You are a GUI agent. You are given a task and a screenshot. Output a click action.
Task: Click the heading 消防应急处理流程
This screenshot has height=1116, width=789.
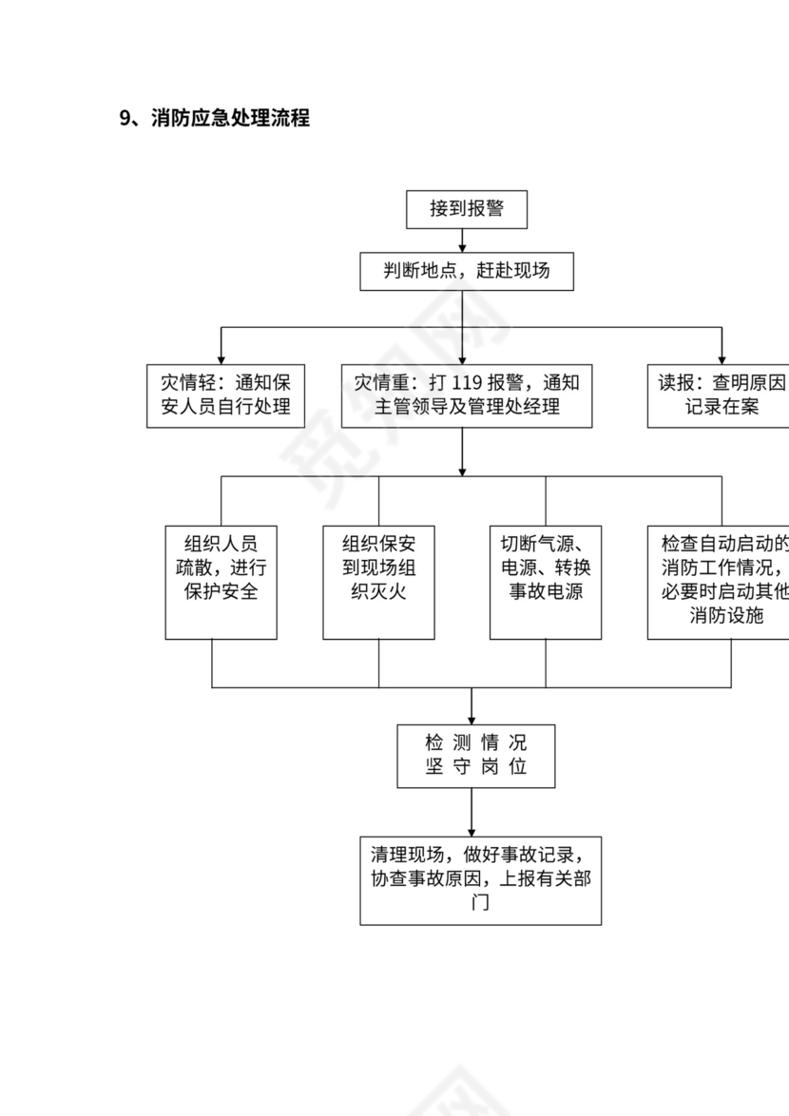(x=230, y=119)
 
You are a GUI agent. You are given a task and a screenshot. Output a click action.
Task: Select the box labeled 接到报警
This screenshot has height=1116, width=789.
(x=466, y=209)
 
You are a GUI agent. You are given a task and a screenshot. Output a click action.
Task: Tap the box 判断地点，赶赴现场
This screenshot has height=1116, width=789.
(x=466, y=271)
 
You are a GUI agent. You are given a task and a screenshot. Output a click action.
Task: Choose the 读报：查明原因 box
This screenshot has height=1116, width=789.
(x=721, y=395)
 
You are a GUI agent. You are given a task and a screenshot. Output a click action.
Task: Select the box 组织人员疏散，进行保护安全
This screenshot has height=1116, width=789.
(x=221, y=582)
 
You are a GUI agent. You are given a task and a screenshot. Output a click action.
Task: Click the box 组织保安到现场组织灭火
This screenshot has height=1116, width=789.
(x=378, y=582)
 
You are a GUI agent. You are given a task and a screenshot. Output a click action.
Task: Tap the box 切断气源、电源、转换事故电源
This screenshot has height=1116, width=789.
(x=546, y=582)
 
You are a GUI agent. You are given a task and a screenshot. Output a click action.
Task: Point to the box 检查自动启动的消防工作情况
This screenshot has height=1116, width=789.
(x=721, y=582)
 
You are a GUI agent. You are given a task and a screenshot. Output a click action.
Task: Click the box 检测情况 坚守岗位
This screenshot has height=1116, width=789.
(x=475, y=756)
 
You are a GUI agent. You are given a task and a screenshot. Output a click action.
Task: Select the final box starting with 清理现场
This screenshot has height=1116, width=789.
(x=480, y=880)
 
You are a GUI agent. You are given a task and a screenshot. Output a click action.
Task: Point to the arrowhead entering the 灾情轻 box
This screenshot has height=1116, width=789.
(x=221, y=358)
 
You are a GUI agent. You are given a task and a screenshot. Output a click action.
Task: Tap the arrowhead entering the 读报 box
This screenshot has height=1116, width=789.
(x=722, y=358)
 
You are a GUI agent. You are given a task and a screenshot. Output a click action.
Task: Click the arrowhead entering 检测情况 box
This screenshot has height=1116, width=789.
(x=471, y=719)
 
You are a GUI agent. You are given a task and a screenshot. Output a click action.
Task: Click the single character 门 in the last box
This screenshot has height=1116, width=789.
(x=481, y=903)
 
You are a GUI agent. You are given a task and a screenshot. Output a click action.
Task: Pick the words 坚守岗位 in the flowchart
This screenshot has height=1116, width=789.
(x=475, y=768)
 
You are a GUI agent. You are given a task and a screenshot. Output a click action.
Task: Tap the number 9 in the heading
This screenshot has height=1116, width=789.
(x=125, y=119)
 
